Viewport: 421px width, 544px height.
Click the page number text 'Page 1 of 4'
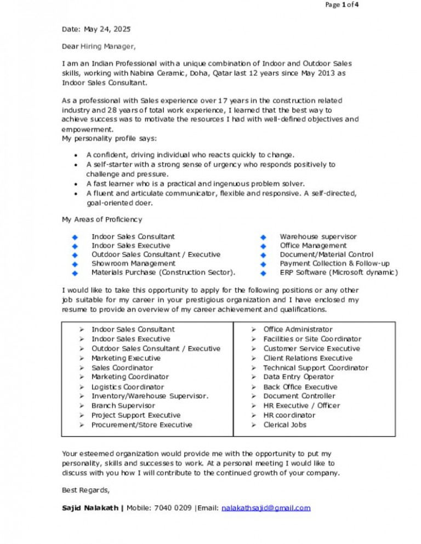click(342, 5)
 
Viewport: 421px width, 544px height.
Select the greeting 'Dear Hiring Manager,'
click(99, 47)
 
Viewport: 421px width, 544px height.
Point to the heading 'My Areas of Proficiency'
click(102, 219)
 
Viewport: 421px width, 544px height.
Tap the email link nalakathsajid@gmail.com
click(266, 508)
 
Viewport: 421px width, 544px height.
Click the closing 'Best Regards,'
click(86, 490)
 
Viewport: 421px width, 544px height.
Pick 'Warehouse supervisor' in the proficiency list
click(318, 237)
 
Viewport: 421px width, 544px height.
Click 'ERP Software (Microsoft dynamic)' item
click(339, 273)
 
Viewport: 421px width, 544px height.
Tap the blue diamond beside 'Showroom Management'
click(75, 264)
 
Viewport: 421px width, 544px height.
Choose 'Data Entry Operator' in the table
click(298, 377)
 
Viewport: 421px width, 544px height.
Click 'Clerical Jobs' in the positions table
click(285, 425)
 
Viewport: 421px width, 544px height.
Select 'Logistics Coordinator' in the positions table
click(127, 387)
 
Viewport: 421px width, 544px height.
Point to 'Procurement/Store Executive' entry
click(141, 425)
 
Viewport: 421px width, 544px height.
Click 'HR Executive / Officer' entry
click(301, 406)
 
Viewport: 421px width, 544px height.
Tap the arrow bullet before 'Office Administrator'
click(254, 329)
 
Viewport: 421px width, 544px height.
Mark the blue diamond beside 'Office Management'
click(263, 246)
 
